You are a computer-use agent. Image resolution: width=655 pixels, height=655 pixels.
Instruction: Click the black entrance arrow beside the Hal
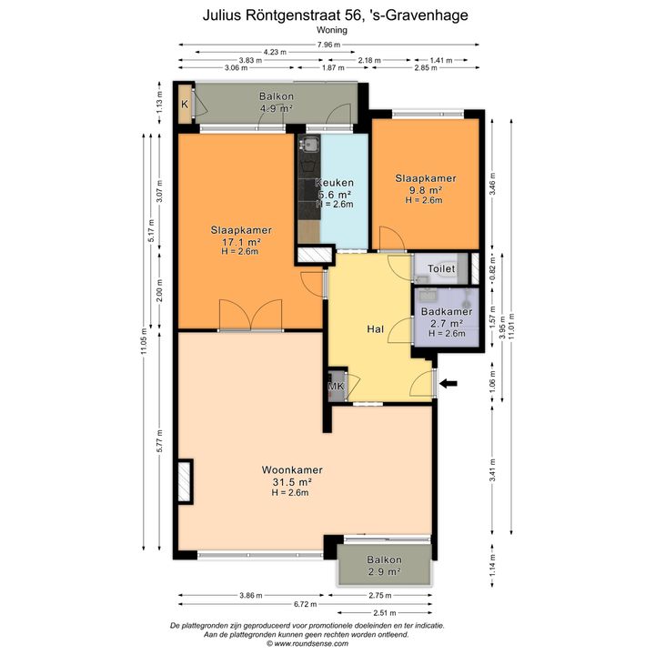coord(448,383)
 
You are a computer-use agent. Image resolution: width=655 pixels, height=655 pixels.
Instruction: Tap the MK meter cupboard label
coord(336,386)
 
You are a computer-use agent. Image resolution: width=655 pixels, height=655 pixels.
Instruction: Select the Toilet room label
coord(441,268)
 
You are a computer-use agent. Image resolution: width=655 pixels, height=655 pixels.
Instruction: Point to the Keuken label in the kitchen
coord(334,183)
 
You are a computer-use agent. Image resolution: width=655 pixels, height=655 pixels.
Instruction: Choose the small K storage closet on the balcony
coord(184,104)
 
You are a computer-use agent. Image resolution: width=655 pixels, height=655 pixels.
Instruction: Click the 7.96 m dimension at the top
coord(328,45)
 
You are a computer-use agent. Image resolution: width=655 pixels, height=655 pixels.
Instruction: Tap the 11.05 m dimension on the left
coord(144,340)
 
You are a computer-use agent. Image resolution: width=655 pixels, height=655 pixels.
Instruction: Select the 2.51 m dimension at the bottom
coord(384,613)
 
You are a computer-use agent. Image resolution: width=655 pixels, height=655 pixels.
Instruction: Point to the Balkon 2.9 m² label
coord(384,565)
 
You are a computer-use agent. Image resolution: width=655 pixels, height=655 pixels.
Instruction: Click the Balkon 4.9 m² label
coord(277,102)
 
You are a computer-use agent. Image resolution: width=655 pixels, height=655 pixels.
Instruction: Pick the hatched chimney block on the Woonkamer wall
coord(185,481)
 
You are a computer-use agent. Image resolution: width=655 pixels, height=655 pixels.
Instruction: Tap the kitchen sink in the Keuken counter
coord(309,145)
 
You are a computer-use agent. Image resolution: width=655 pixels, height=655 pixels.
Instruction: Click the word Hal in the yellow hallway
coord(375,329)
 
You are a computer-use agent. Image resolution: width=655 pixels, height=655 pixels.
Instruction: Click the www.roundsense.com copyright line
coord(307,644)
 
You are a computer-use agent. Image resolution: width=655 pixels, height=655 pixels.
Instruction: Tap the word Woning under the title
coord(332,30)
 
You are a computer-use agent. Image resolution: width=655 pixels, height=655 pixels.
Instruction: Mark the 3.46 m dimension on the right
coord(493,184)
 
